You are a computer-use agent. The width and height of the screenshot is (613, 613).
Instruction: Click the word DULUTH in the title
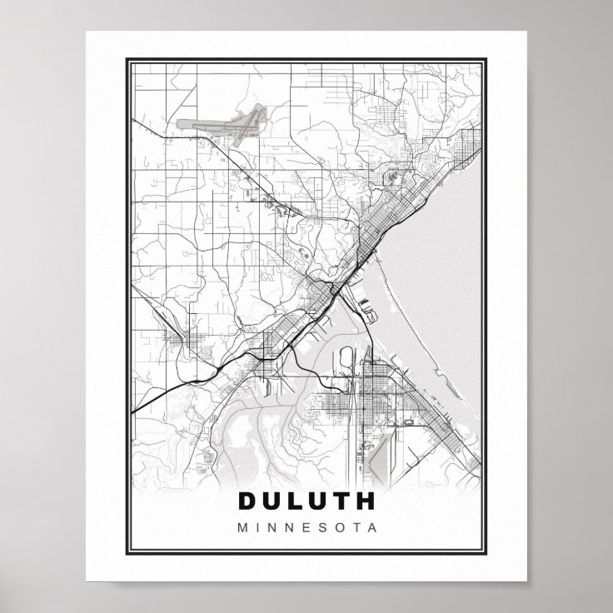[x=306, y=501]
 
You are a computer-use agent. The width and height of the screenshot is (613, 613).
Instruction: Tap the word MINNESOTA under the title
[x=306, y=527]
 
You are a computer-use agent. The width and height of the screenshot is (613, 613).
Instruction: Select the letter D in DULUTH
[x=248, y=501]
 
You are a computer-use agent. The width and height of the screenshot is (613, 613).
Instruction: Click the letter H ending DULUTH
[x=365, y=501]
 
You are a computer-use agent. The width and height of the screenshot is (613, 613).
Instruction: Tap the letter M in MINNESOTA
[x=242, y=527]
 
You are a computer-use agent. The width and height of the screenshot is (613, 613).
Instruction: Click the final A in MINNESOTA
[x=371, y=527]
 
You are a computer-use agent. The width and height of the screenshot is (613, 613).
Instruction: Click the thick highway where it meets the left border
[x=133, y=411]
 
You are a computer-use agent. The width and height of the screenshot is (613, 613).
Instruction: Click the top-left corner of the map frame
[x=125, y=60]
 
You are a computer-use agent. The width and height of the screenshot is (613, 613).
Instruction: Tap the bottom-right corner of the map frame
[x=489, y=553]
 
